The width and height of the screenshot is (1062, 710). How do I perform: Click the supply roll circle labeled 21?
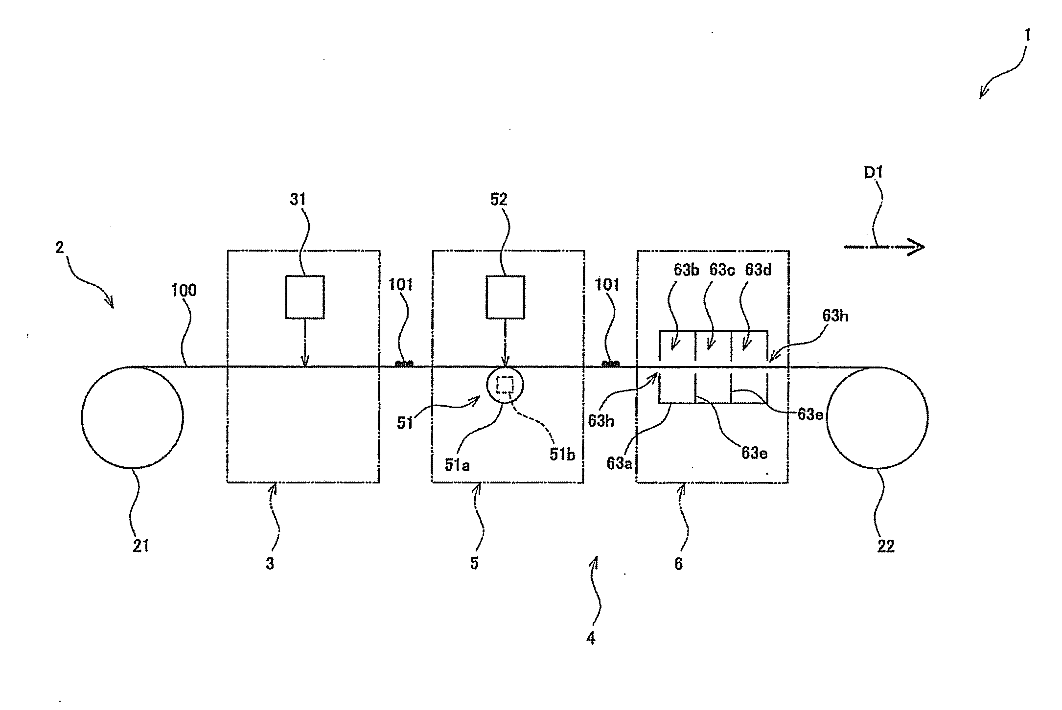(x=132, y=417)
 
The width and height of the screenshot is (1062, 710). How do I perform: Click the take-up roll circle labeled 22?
(x=877, y=417)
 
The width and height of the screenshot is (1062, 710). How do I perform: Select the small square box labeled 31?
(x=304, y=297)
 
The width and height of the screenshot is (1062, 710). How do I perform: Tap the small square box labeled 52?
(x=505, y=297)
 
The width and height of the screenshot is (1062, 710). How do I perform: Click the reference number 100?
(x=184, y=290)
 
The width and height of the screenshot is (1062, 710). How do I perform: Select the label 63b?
(x=686, y=270)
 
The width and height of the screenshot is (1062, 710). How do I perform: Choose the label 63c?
(x=722, y=270)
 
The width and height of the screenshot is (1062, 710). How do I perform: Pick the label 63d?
(x=758, y=270)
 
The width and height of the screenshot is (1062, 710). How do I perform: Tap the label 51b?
(x=562, y=454)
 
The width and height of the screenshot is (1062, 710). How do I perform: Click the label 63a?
(x=619, y=463)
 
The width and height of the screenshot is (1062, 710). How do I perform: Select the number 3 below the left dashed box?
(x=270, y=564)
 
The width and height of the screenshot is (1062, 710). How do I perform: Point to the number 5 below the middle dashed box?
(x=474, y=564)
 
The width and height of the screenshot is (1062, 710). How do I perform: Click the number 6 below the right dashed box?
(x=678, y=564)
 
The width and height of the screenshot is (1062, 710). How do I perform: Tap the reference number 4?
(x=591, y=638)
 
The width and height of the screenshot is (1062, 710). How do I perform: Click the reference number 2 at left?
(x=59, y=248)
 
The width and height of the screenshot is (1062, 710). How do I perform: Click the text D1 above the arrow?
(x=873, y=173)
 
